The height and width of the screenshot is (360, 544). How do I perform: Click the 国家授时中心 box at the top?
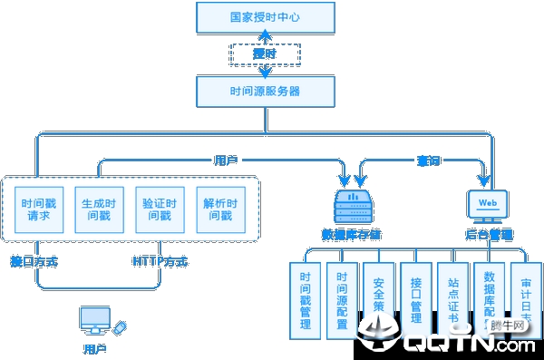[x=263, y=15]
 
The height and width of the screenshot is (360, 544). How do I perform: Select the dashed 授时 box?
[x=264, y=54]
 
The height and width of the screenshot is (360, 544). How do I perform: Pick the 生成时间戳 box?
[x=98, y=209]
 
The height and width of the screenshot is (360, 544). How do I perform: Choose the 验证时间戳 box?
[x=160, y=209]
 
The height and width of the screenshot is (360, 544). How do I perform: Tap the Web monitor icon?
[x=488, y=205]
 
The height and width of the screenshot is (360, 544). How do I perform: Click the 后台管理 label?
[x=490, y=234]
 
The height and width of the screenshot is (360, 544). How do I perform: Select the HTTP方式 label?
[x=160, y=262]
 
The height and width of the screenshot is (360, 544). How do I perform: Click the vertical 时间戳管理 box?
[x=305, y=300]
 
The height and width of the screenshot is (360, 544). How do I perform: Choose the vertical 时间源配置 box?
[x=342, y=300]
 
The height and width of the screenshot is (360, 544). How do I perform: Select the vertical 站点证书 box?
[x=453, y=296]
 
